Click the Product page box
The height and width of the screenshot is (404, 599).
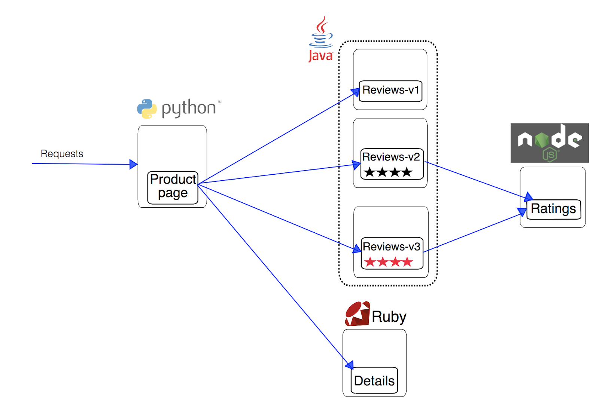[173, 187]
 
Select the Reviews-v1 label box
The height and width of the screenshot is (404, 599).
[390, 91]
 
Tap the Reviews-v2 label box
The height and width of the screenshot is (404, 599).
[392, 164]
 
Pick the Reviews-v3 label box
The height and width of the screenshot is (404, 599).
[392, 253]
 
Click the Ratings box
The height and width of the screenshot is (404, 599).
[553, 209]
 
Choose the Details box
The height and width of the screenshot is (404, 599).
[374, 380]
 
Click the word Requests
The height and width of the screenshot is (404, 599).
[62, 154]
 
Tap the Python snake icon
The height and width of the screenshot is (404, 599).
[147, 108]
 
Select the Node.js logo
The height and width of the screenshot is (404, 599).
[549, 143]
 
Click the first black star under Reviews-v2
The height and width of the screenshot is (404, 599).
[370, 172]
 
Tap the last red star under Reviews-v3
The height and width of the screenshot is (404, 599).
[408, 262]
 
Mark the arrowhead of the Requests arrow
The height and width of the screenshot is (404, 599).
[133, 164]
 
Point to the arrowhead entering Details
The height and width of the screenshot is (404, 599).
[349, 364]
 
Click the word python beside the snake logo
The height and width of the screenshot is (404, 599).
[189, 108]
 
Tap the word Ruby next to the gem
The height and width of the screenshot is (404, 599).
[389, 316]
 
